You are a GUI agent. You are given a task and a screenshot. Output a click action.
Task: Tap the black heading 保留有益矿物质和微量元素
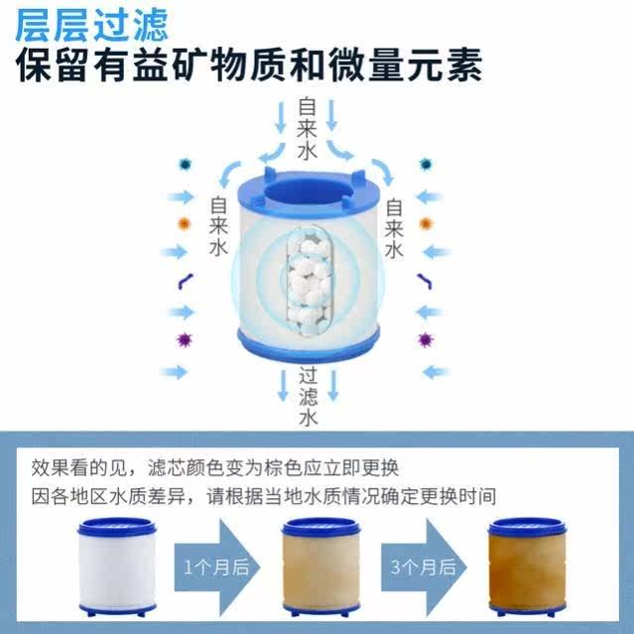[x=249, y=67]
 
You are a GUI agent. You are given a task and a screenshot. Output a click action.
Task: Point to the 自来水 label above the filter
[x=308, y=128]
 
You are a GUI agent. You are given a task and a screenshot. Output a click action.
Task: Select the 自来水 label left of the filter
[x=219, y=226]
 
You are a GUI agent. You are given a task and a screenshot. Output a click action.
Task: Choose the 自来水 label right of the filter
[x=394, y=226]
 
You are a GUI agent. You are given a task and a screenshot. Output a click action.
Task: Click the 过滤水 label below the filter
[x=308, y=396]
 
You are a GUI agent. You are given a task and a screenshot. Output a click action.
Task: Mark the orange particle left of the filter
[x=185, y=222]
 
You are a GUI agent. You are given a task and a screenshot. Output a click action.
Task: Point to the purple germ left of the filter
[x=185, y=340]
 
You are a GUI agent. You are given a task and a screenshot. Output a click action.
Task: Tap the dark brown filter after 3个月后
[x=525, y=564]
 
